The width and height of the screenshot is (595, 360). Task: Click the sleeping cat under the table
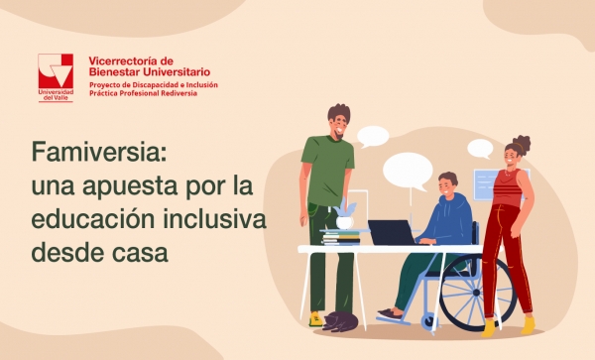[341, 319]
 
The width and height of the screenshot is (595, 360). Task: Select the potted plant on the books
[345, 214]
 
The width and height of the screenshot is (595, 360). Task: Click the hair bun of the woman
[523, 143]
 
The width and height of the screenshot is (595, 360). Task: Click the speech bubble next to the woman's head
[480, 149]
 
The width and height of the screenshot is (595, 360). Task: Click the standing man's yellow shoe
[314, 319]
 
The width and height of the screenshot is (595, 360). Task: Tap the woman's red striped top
[509, 188]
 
